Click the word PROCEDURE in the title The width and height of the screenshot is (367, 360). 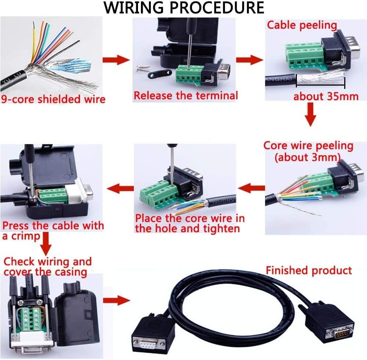[x=217, y=8]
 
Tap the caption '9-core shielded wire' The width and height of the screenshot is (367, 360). [x=53, y=99]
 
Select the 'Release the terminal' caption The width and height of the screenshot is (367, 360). [x=186, y=96]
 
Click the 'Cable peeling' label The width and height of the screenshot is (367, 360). [x=302, y=25]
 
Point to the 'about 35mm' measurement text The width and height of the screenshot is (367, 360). [x=326, y=96]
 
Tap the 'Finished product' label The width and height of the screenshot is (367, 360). [x=309, y=270]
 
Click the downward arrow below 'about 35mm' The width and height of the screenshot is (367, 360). [x=310, y=115]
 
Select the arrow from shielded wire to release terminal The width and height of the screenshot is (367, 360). [x=116, y=60]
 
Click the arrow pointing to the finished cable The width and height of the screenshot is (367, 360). [x=116, y=300]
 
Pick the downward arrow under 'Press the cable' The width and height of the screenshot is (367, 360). [x=46, y=244]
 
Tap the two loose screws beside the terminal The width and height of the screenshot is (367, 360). [x=143, y=68]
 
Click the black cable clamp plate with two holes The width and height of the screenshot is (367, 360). [x=159, y=75]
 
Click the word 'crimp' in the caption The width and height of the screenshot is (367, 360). [x=26, y=236]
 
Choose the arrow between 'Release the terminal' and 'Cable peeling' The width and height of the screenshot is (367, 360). [x=250, y=60]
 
